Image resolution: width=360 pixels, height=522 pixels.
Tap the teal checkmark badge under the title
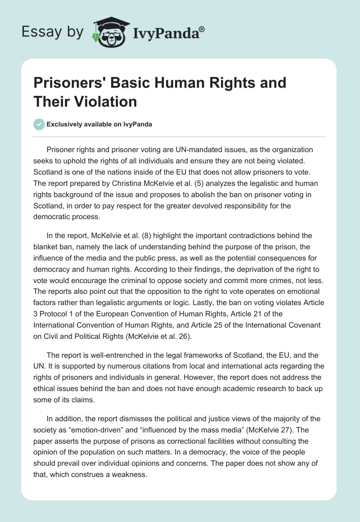click(39, 124)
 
